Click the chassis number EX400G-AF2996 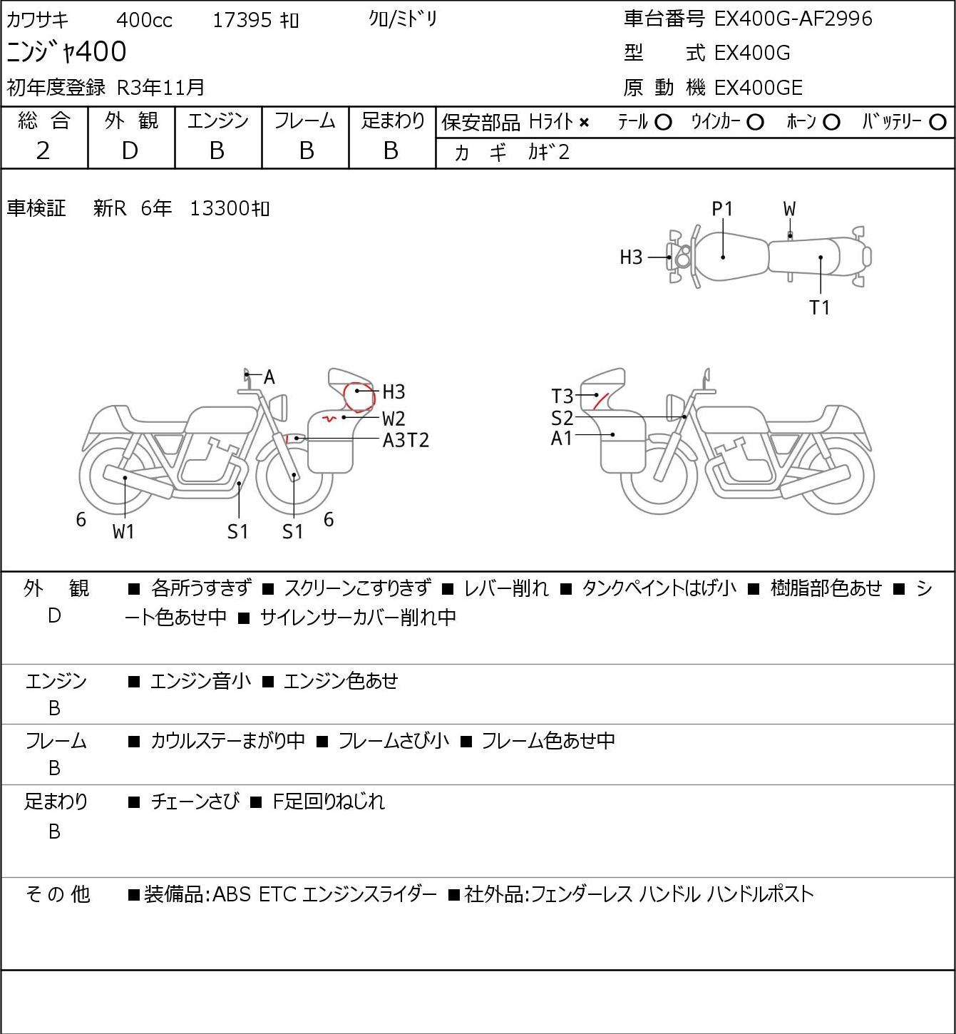click(793, 19)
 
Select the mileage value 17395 click(242, 20)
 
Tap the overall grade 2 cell click(43, 150)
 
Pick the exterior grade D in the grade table click(130, 150)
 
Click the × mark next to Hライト click(585, 123)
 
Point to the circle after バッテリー click(937, 123)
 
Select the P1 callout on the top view click(722, 210)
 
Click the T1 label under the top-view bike click(819, 307)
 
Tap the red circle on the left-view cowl click(359, 397)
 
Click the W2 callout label click(394, 419)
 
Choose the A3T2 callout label click(406, 441)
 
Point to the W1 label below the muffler click(123, 531)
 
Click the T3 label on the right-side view click(562, 396)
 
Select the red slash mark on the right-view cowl click(601, 400)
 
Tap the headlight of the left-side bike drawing click(279, 407)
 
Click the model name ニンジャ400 click(66, 51)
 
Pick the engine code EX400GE click(758, 88)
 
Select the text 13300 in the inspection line click(220, 208)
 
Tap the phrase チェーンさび click(195, 802)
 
